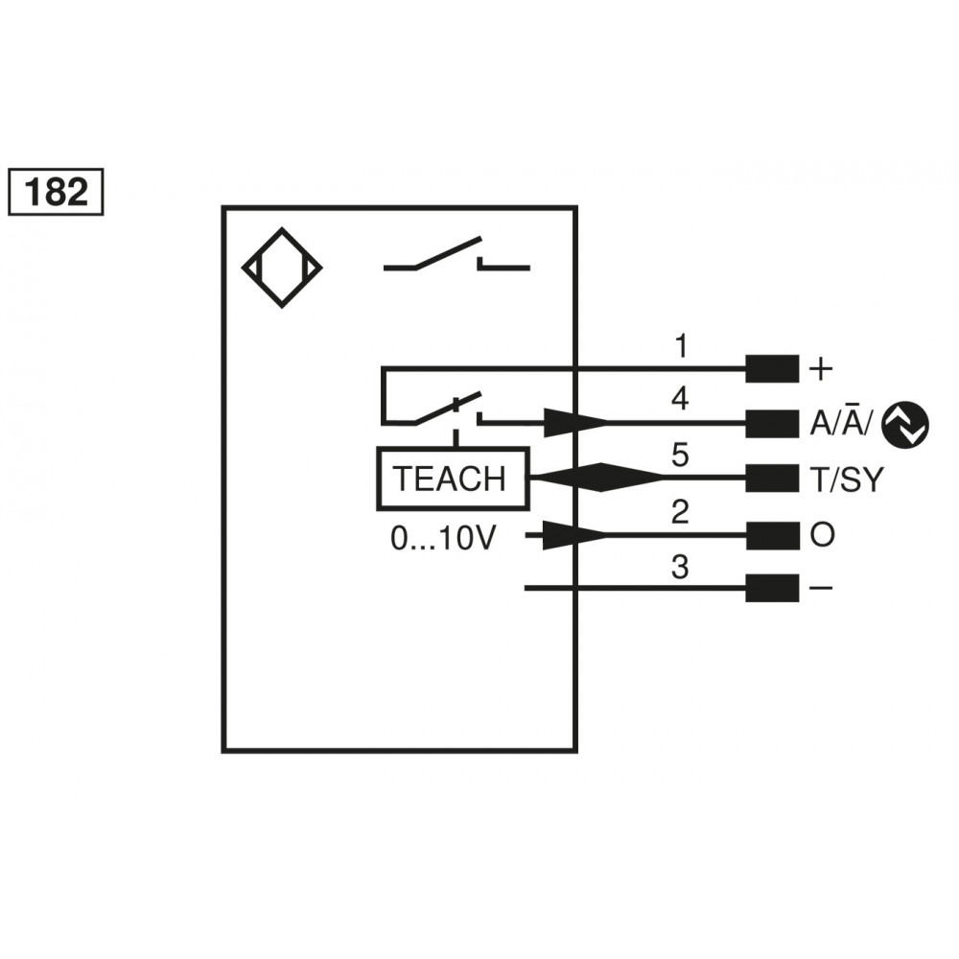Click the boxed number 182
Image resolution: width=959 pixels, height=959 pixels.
[x=55, y=192]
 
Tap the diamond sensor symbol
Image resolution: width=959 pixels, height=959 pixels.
[x=282, y=268]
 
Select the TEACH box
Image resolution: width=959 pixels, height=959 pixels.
[x=452, y=478]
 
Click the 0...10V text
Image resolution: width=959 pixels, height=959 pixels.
[x=442, y=539]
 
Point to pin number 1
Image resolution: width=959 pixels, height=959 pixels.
[x=680, y=346]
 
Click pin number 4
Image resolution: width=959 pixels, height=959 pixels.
[x=680, y=398]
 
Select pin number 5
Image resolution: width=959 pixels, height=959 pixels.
[x=680, y=454]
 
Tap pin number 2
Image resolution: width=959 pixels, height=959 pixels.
[x=680, y=512]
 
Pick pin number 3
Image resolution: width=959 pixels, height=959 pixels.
[x=680, y=568]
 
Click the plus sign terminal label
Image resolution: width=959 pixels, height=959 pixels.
[x=822, y=368]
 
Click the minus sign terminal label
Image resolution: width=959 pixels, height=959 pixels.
[x=822, y=587]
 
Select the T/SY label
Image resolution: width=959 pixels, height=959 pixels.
[x=845, y=479]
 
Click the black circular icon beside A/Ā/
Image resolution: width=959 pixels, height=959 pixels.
[x=905, y=424]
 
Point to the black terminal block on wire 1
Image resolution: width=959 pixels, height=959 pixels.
[x=772, y=368]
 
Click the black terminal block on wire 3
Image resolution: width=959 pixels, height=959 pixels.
[x=772, y=587]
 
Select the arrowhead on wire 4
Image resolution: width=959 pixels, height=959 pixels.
[x=573, y=422]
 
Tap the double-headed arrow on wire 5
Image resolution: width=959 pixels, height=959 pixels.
[x=596, y=478]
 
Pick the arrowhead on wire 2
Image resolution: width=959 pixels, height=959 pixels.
[x=573, y=536]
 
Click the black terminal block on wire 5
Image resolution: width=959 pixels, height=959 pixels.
[x=772, y=478]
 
